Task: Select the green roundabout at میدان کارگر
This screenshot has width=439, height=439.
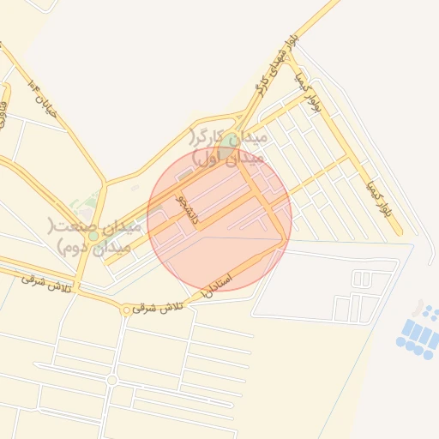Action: (229, 140)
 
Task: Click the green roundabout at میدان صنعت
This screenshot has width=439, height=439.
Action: (93, 236)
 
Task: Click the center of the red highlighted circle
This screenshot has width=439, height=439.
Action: (219, 219)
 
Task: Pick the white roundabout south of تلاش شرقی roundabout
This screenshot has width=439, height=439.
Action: (111, 379)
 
